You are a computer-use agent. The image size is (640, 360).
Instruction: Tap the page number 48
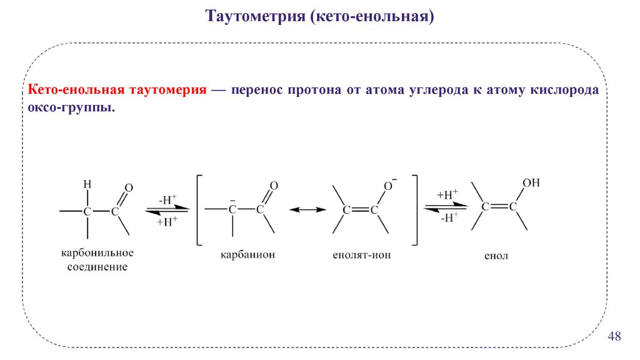tap(614, 337)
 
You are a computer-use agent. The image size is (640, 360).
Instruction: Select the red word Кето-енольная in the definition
tap(73, 89)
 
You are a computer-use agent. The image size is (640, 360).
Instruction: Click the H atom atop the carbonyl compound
tap(87, 184)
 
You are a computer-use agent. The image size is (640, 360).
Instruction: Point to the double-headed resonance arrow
tap(308, 211)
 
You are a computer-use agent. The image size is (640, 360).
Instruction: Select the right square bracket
tap(415, 211)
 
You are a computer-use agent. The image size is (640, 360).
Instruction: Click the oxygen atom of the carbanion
tap(273, 186)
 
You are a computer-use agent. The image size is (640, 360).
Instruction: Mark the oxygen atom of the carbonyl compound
tap(129, 187)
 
